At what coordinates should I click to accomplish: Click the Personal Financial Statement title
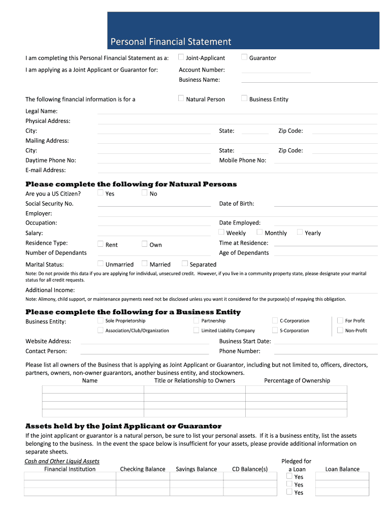pos(171,42)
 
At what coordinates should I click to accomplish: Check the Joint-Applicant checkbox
pos(181,57)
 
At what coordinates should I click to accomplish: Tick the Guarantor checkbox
pos(244,57)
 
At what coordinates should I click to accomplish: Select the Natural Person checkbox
pos(181,99)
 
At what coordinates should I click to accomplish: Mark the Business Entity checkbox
pos(244,99)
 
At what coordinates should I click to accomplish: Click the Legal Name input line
pos(237,111)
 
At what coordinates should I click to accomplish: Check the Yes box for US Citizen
pos(101,193)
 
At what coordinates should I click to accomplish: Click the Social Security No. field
pos(154,204)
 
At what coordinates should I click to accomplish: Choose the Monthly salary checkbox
pos(260,232)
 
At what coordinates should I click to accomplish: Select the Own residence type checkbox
pos(145,244)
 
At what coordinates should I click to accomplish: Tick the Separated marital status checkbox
pos(185,264)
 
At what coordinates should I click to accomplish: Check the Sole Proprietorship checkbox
pos(101,320)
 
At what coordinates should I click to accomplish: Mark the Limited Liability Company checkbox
pos(197,331)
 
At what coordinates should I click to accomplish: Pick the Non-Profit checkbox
pos(340,330)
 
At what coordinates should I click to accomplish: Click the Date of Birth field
pos(325,204)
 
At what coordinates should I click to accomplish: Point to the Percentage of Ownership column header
pos(297,380)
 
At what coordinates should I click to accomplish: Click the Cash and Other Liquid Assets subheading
pos(62,461)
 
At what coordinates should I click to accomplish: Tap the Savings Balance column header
pos(196,469)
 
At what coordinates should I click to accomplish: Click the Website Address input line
pos(144,342)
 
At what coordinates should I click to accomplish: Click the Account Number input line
pos(275,70)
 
